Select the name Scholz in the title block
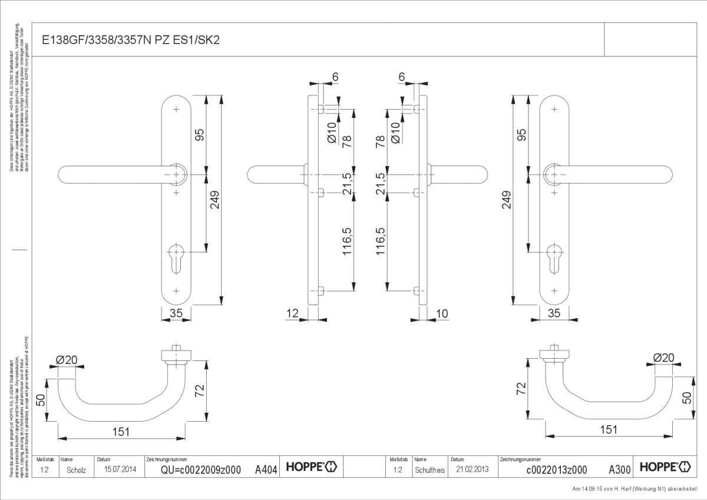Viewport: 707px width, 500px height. pos(76,470)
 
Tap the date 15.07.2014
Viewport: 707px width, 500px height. pos(120,470)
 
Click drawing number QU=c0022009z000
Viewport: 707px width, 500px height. pos(201,470)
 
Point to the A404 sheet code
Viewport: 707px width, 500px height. pos(266,470)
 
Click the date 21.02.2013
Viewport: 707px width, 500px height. pos(469,470)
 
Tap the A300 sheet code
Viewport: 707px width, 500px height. pos(619,470)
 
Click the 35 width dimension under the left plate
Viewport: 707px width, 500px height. pos(176,314)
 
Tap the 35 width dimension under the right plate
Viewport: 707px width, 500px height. pos(554,314)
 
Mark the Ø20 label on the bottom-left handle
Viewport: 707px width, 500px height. pos(67,360)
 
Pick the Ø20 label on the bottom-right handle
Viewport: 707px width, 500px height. pos(663,358)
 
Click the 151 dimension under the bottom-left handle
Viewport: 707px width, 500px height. pos(121,432)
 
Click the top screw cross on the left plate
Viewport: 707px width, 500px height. pos(177,110)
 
